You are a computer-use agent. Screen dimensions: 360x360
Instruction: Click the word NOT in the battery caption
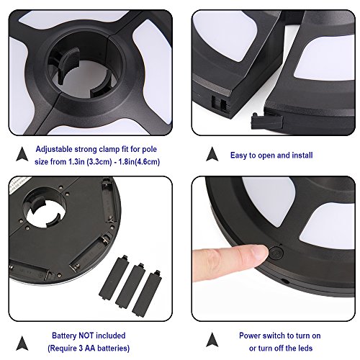point(86,336)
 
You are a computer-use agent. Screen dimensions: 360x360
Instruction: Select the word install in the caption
point(302,156)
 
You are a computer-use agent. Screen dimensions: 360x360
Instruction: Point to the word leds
point(305,348)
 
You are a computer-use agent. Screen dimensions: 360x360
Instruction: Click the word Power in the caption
point(250,336)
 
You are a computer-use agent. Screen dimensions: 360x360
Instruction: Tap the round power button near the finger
point(276,253)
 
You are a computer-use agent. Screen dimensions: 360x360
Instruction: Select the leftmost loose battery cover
point(114,277)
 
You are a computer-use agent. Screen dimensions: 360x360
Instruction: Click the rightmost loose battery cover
point(147,293)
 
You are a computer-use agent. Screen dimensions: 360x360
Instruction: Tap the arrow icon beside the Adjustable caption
point(22,154)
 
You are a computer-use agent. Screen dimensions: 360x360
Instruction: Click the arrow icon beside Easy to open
point(212,154)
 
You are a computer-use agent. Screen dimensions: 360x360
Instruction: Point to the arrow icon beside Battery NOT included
point(22,343)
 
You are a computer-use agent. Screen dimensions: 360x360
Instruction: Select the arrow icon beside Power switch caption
point(212,340)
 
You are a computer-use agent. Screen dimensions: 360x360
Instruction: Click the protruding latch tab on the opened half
point(266,120)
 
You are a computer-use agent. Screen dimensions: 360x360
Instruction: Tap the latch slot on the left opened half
point(220,103)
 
